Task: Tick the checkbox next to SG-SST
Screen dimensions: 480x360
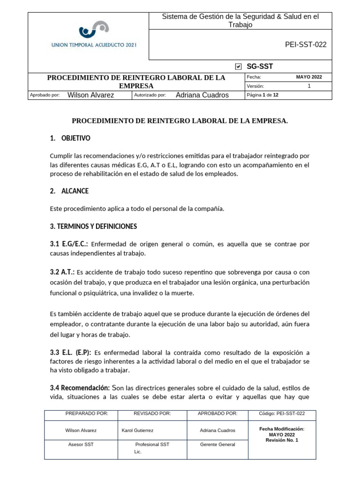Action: tap(239, 67)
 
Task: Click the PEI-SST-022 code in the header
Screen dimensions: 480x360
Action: tap(306, 45)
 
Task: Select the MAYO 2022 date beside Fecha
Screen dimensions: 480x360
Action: tap(308, 77)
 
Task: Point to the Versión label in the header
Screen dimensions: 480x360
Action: tap(255, 86)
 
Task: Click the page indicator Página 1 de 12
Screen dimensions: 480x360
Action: tap(262, 95)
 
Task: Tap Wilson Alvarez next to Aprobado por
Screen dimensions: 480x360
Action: tap(91, 95)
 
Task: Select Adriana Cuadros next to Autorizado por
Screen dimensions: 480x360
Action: tap(202, 95)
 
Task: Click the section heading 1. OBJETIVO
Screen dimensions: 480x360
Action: tap(70, 138)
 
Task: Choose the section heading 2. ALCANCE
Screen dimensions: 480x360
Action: tap(69, 191)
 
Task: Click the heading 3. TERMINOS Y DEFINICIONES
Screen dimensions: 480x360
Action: tap(93, 226)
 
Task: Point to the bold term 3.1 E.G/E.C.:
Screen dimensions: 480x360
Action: tap(69, 244)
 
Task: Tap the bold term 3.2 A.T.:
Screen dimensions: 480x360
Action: tap(62, 272)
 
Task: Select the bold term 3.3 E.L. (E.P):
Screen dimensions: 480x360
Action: tap(71, 352)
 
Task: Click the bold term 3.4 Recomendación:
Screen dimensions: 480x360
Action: tap(80, 388)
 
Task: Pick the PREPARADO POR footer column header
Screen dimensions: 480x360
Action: tap(87, 413)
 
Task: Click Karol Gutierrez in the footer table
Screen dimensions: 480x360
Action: tap(137, 430)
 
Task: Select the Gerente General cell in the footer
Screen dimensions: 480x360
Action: tap(217, 444)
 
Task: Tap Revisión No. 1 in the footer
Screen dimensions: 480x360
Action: tap(282, 440)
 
